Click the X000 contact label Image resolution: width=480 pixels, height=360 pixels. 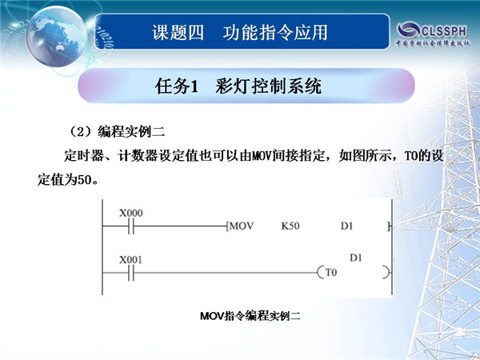(x=131, y=213)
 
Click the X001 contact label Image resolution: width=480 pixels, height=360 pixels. (x=130, y=260)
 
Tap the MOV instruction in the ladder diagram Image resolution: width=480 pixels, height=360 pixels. (x=242, y=226)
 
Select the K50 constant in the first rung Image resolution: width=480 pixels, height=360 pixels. (x=290, y=226)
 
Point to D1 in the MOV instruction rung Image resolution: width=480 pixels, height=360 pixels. (x=347, y=226)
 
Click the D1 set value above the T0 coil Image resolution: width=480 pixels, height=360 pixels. (x=356, y=258)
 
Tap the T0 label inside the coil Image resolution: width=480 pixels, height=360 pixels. (x=331, y=272)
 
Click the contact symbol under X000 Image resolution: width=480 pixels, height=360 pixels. (x=131, y=226)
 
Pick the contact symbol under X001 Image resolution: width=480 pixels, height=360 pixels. (x=131, y=273)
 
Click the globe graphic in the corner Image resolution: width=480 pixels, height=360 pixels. (x=57, y=36)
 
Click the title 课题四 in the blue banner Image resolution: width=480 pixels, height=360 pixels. (x=178, y=33)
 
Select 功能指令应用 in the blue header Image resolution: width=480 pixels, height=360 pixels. (x=275, y=33)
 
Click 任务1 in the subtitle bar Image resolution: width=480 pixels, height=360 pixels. (x=177, y=86)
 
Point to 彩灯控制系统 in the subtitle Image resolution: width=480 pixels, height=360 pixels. (x=269, y=86)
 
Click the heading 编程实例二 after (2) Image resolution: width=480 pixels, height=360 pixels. (x=131, y=132)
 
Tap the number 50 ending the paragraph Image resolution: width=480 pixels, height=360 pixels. (x=85, y=180)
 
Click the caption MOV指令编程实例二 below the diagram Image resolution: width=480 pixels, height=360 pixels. (x=250, y=316)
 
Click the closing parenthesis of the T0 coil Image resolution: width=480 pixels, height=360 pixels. (x=387, y=273)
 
